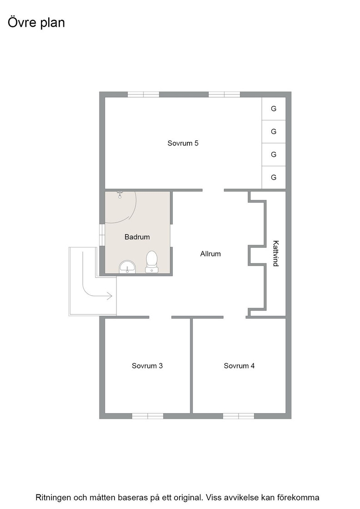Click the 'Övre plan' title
[36, 23]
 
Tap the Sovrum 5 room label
[183, 143]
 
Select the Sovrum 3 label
[147, 366]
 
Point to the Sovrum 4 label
[239, 366]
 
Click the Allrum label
[210, 254]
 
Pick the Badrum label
[137, 237]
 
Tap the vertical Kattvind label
[275, 254]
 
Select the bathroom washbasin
[128, 267]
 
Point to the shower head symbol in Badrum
[120, 195]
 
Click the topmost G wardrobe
[274, 109]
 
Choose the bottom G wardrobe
[274, 177]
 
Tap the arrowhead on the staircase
[110, 296]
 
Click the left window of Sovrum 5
[144, 95]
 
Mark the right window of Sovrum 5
[224, 95]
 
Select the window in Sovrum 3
[148, 416]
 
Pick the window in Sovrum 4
[239, 416]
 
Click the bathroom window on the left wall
[102, 235]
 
